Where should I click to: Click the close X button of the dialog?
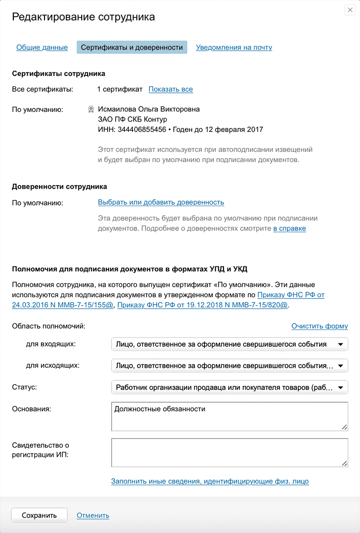pyautogui.click(x=350, y=11)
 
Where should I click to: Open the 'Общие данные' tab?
pyautogui.click(x=42, y=48)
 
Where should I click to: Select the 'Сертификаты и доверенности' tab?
pyautogui.click(x=132, y=48)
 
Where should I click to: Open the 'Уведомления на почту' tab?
pyautogui.click(x=234, y=48)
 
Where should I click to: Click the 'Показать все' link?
pyautogui.click(x=171, y=89)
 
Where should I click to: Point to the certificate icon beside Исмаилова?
pyautogui.click(x=91, y=109)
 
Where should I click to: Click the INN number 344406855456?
pyautogui.click(x=142, y=130)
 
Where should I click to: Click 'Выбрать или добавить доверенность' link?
pyautogui.click(x=161, y=203)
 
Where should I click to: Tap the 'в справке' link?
pyautogui.click(x=289, y=229)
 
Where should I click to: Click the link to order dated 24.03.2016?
pyautogui.click(x=64, y=305)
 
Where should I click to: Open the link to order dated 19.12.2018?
pyautogui.click(x=203, y=305)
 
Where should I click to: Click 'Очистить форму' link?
pyautogui.click(x=320, y=326)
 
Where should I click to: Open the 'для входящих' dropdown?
pyautogui.click(x=229, y=344)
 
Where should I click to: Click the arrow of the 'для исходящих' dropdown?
pyautogui.click(x=340, y=366)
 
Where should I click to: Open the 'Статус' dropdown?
pyautogui.click(x=229, y=387)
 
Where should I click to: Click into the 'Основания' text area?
pyautogui.click(x=229, y=416)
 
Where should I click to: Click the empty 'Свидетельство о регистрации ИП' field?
pyautogui.click(x=229, y=453)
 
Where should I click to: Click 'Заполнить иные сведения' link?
pyautogui.click(x=210, y=481)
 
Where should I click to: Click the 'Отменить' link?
pyautogui.click(x=93, y=516)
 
